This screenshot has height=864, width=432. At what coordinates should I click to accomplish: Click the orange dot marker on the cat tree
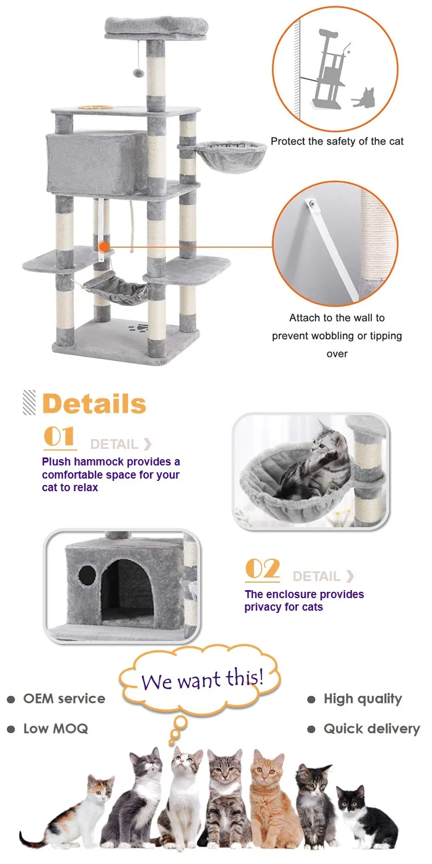point(104,247)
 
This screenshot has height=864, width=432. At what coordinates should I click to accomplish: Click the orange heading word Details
point(94,404)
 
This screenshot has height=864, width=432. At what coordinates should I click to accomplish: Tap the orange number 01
point(60,437)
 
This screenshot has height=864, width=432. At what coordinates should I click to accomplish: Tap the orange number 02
point(262,570)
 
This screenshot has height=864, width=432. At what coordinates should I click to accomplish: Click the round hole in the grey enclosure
point(88,574)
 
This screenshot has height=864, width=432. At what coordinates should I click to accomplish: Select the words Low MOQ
point(56,729)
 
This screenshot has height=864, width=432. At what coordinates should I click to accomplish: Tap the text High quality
point(362,699)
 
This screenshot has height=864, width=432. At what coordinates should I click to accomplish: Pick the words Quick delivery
point(371,729)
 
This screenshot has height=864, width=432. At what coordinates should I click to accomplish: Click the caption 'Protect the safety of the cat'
point(337,141)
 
